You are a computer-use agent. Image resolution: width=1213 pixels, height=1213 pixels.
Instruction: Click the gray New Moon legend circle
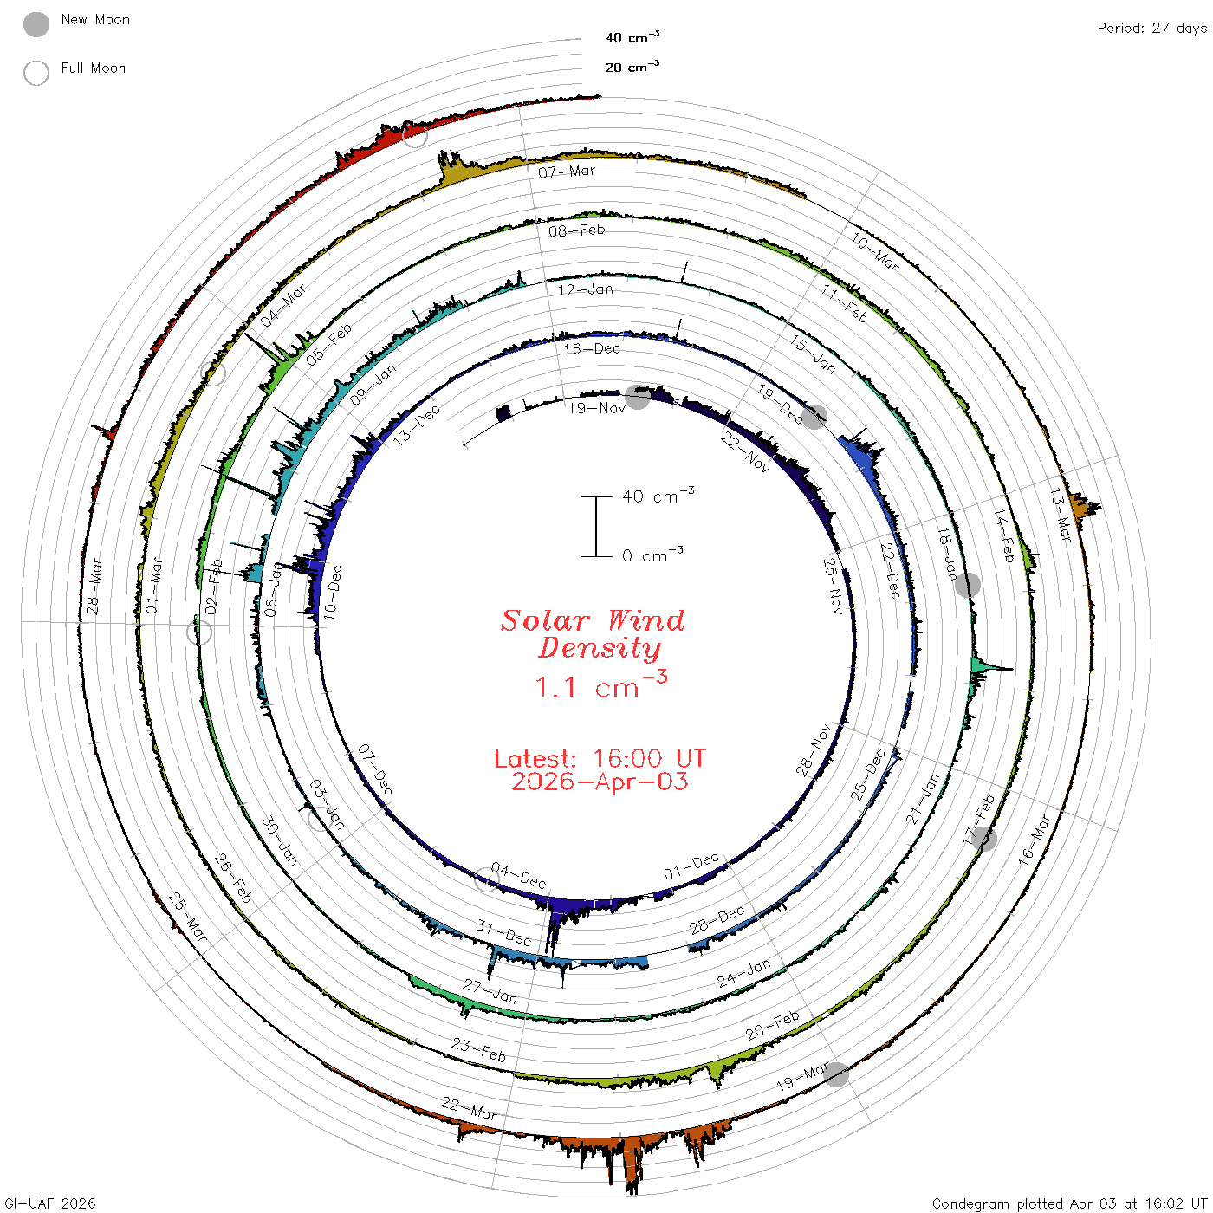pos(36,24)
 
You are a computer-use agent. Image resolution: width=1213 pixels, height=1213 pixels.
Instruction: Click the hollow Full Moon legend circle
pos(36,73)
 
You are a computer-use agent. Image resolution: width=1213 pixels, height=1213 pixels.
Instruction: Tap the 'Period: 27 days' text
pos(1152,29)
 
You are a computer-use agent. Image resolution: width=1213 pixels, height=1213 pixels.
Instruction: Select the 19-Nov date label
pos(596,408)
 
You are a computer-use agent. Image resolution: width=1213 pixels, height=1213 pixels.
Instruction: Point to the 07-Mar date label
pos(566,172)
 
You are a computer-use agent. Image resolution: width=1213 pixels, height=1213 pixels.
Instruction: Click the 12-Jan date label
pos(585,289)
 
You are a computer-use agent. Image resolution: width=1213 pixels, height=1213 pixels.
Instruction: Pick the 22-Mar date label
pos(469,1108)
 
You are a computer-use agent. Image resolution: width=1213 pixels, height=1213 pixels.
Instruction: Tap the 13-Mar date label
pos(1060,515)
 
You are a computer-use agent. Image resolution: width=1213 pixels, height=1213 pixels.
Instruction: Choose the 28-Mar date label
pos(94,586)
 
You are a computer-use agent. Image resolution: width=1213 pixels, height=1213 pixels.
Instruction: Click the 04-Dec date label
pos(518,875)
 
